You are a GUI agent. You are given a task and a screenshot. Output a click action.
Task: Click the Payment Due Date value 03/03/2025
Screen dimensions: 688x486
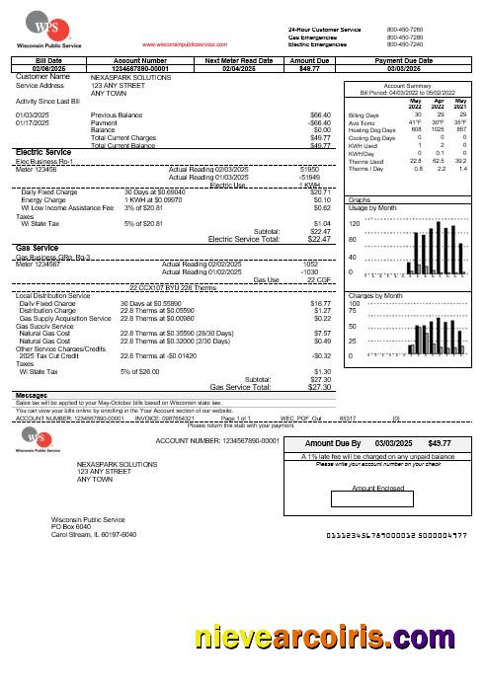pos(405,68)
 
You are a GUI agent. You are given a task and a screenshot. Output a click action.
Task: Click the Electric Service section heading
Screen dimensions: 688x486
pos(44,152)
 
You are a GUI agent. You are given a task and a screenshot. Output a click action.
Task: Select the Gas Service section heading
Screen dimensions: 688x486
pos(38,248)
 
